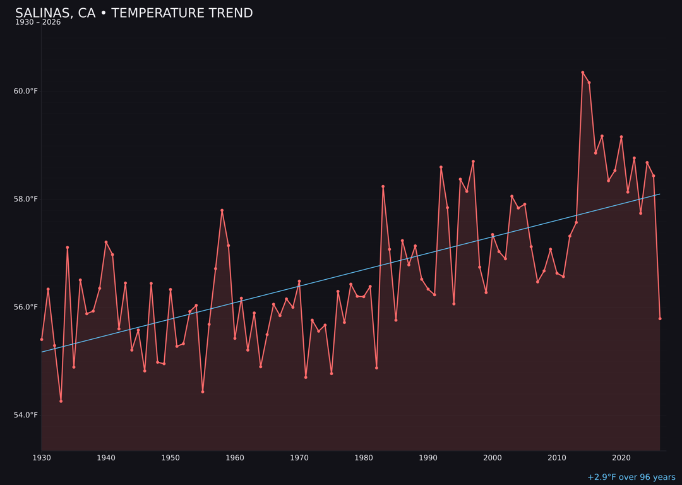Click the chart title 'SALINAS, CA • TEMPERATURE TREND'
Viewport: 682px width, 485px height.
tap(134, 13)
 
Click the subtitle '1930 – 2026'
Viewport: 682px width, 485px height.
tap(38, 23)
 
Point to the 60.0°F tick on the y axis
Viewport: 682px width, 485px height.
tap(26, 92)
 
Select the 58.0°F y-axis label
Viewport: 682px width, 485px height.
tap(26, 200)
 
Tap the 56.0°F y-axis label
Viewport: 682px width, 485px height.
tap(26, 308)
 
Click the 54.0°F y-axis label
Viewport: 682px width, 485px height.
tap(26, 415)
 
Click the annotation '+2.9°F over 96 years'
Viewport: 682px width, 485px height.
tap(631, 477)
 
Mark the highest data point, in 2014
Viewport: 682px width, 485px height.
tap(583, 73)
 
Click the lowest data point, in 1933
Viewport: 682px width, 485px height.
tap(61, 401)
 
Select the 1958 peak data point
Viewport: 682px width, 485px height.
tap(222, 210)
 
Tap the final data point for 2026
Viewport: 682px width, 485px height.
tap(660, 319)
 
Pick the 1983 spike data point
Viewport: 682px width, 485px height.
tap(383, 186)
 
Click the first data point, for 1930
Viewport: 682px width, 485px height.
tap(42, 339)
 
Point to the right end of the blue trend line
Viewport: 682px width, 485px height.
tap(660, 194)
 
